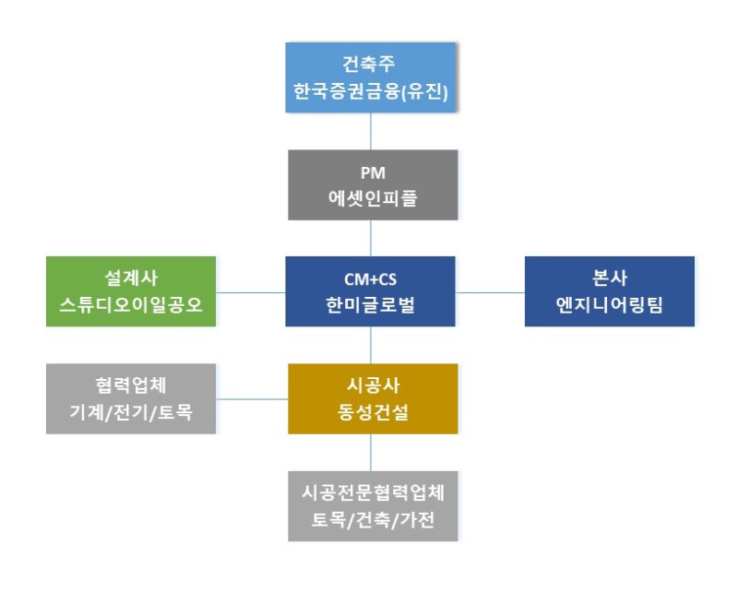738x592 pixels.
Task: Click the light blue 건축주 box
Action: pyautogui.click(x=371, y=77)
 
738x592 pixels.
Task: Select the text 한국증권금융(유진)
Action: pyautogui.click(x=371, y=92)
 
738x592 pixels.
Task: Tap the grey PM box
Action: pyautogui.click(x=371, y=184)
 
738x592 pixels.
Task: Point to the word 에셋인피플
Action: pyautogui.click(x=371, y=198)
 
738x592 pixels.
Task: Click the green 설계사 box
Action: pyautogui.click(x=131, y=291)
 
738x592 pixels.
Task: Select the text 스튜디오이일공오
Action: pyautogui.click(x=131, y=306)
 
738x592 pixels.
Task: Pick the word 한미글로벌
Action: pyautogui.click(x=371, y=306)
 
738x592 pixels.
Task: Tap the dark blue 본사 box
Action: pyautogui.click(x=609, y=291)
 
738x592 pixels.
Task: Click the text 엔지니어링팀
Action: pyautogui.click(x=609, y=306)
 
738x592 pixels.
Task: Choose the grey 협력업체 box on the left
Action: pyautogui.click(x=131, y=398)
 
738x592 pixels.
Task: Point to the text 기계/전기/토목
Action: pyautogui.click(x=131, y=412)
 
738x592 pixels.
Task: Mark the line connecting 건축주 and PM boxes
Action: pyautogui.click(x=371, y=131)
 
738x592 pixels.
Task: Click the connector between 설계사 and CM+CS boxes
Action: pyautogui.click(x=251, y=292)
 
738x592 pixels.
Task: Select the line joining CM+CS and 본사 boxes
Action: pyautogui.click(x=490, y=292)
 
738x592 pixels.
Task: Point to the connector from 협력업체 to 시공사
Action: pyautogui.click(x=252, y=399)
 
